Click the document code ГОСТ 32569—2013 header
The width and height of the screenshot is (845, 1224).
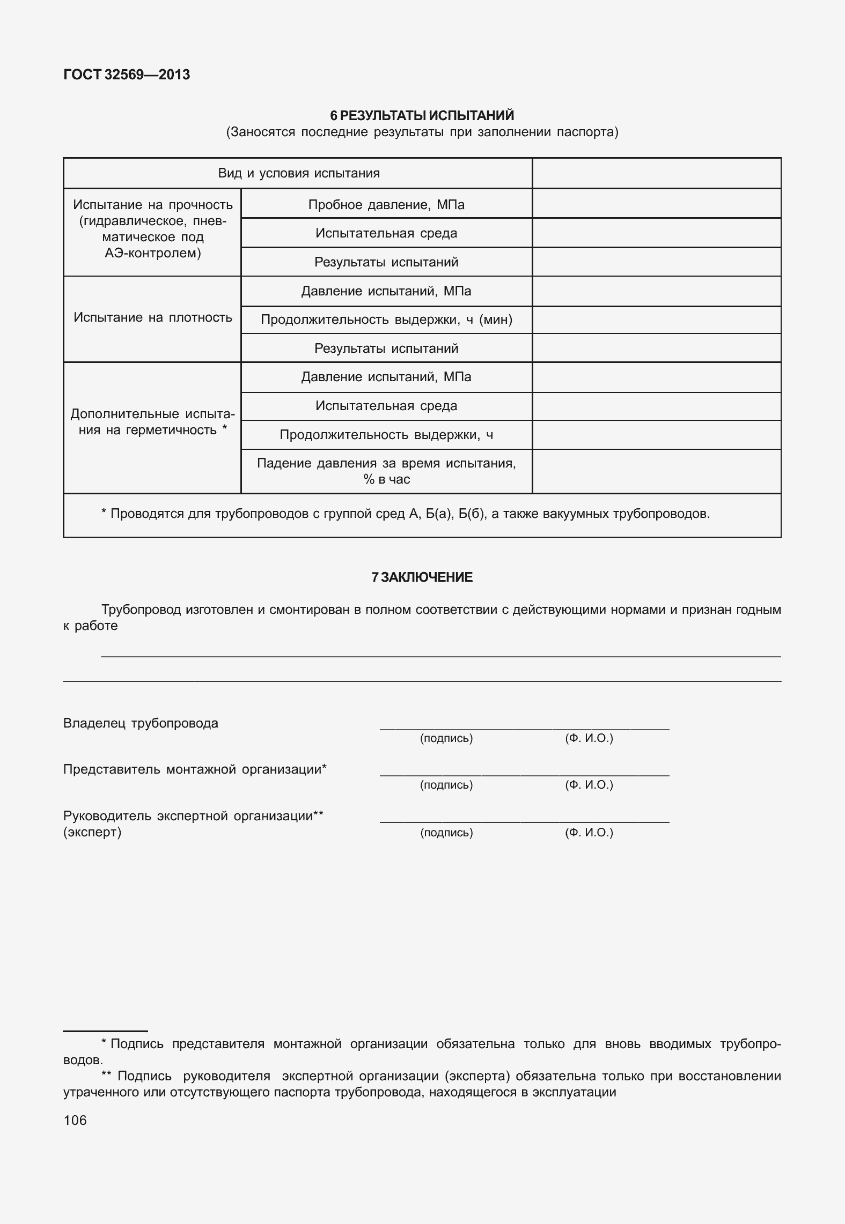click(x=127, y=75)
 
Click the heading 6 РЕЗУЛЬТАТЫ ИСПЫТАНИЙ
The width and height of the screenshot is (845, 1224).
click(x=422, y=115)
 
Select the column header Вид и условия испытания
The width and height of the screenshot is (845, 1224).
click(x=298, y=173)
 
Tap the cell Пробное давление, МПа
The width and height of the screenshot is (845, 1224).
click(x=386, y=204)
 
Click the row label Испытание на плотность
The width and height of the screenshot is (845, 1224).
click(x=152, y=317)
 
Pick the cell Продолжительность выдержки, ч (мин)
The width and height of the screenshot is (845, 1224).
click(x=386, y=320)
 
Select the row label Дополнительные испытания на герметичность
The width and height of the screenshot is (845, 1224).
click(x=152, y=422)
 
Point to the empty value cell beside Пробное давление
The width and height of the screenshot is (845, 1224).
click(x=656, y=204)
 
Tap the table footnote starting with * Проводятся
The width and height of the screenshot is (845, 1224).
click(x=405, y=514)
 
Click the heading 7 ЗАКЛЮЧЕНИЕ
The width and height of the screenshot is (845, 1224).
click(x=422, y=577)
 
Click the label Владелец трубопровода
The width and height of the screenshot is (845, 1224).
click(x=141, y=723)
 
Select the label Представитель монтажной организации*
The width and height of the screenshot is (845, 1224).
click(x=195, y=769)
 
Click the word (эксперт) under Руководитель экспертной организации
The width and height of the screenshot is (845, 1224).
click(x=92, y=832)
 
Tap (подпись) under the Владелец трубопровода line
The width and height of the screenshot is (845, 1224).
click(x=446, y=738)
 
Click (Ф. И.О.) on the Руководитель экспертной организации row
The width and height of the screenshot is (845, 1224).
click(x=589, y=832)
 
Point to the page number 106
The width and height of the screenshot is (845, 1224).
click(x=75, y=1120)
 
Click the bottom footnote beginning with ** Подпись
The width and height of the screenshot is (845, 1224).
click(x=422, y=1084)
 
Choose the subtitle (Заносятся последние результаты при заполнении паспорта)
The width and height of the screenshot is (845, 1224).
click(x=422, y=132)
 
